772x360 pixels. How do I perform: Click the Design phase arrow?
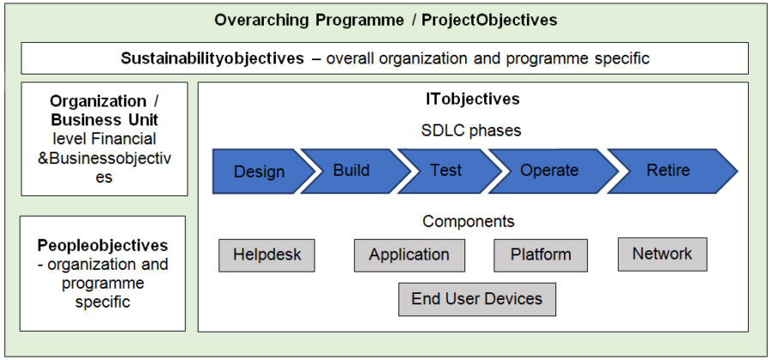pyautogui.click(x=259, y=171)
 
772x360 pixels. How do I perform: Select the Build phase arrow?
pyautogui.click(x=351, y=171)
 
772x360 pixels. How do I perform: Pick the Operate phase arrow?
pyautogui.click(x=549, y=171)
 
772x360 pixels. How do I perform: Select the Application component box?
pyautogui.click(x=409, y=255)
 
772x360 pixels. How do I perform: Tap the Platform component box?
pyautogui.click(x=541, y=255)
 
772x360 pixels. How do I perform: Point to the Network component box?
pyautogui.click(x=661, y=255)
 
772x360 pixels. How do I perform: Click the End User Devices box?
pyautogui.click(x=476, y=299)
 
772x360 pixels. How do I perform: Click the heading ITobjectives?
pyautogui.click(x=472, y=99)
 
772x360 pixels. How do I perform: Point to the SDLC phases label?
pyautogui.click(x=472, y=131)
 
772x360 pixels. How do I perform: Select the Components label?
pyautogui.click(x=468, y=222)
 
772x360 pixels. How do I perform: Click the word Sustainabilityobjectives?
pyautogui.click(x=212, y=59)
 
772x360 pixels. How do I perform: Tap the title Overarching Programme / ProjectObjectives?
pyautogui.click(x=386, y=20)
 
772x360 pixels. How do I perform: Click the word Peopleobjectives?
pyautogui.click(x=103, y=246)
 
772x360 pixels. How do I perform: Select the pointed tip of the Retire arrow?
pyautogui.click(x=734, y=171)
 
